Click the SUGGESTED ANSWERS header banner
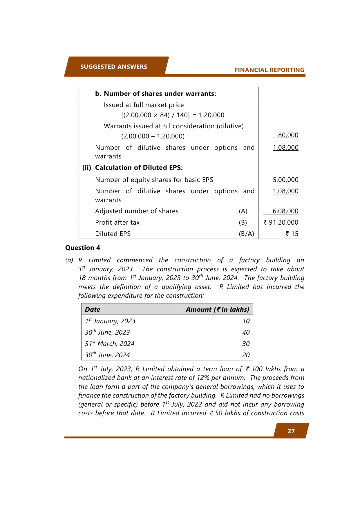point(114,67)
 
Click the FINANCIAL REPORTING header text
point(269,70)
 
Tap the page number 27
point(291,431)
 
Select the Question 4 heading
point(83,248)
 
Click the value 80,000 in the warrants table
point(288,135)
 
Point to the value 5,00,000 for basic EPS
point(285,180)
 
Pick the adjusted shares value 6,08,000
point(285,211)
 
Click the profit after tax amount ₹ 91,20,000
point(281,223)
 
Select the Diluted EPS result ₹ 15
point(292,234)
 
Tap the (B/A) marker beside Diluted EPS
point(246,234)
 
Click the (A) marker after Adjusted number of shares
point(243,211)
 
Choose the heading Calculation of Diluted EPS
point(139,168)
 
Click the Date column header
point(93,309)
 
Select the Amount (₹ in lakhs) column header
point(217,309)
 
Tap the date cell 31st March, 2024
point(110,344)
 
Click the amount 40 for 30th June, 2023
point(246,332)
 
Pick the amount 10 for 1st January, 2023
point(246,321)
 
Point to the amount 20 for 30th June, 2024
point(246,355)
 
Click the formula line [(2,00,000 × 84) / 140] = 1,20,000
point(173,115)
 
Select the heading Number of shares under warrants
point(155,94)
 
